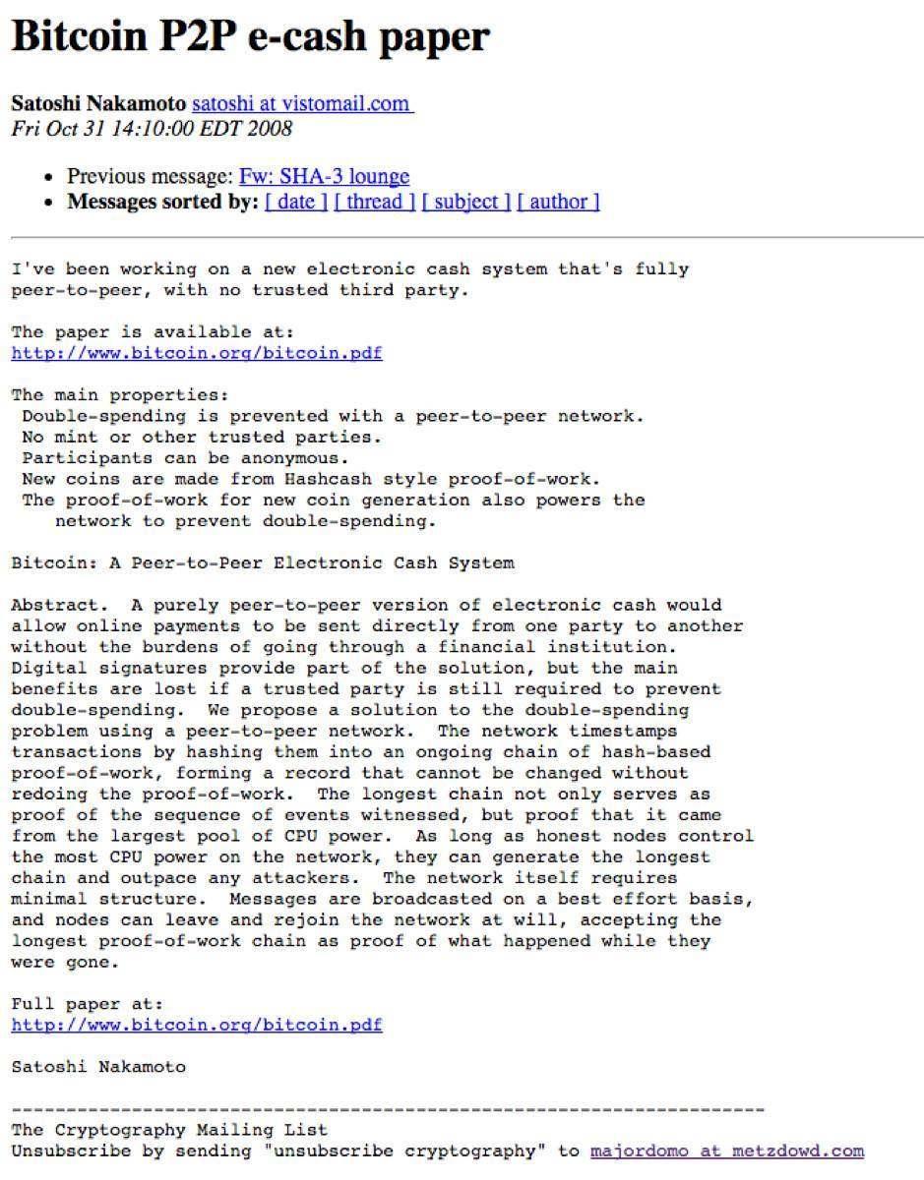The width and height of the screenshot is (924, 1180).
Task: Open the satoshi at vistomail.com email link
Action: click(x=302, y=103)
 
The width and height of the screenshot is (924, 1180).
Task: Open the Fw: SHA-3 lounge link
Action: click(x=324, y=177)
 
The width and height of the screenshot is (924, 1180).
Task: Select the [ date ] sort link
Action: click(x=296, y=203)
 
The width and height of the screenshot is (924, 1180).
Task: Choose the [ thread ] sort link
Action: click(x=375, y=203)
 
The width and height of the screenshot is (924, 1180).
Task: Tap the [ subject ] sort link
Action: click(x=466, y=203)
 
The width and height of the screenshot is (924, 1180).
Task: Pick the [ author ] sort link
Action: click(x=558, y=203)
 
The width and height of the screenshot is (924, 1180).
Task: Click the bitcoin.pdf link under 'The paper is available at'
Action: click(x=197, y=353)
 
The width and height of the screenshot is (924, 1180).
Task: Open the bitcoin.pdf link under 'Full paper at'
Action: click(x=197, y=1025)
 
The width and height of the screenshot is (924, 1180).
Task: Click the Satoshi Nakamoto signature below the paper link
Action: click(x=98, y=1066)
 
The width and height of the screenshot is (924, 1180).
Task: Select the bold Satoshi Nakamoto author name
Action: click(x=98, y=103)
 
